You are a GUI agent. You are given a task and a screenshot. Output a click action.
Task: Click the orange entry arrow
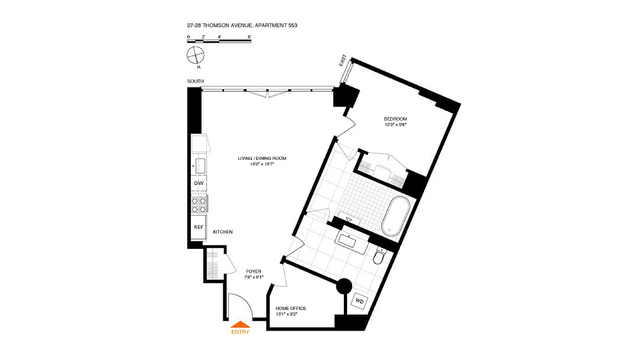pyautogui.click(x=240, y=324)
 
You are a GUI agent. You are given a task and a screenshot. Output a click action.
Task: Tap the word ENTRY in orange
pyautogui.click(x=240, y=332)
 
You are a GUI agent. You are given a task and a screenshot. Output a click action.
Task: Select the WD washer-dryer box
pyautogui.click(x=359, y=301)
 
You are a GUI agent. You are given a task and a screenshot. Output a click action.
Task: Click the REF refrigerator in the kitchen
pyautogui.click(x=198, y=227)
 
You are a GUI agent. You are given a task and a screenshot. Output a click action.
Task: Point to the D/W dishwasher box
pyautogui.click(x=198, y=184)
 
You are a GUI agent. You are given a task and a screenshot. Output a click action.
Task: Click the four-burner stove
pyautogui.click(x=199, y=205)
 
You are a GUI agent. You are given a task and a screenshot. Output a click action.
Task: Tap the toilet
pyautogui.click(x=379, y=256)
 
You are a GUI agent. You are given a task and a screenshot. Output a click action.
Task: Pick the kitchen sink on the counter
pyautogui.click(x=200, y=165)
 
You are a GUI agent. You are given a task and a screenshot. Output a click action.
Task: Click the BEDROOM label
pyautogui.click(x=395, y=119)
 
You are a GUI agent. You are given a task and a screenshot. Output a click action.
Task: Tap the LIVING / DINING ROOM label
pyautogui.click(x=262, y=158)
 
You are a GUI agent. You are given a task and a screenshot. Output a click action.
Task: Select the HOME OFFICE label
pyautogui.click(x=291, y=308)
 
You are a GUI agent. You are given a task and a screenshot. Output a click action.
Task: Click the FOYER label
pyautogui.click(x=254, y=271)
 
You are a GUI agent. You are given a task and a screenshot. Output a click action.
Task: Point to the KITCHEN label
pyautogui.click(x=223, y=232)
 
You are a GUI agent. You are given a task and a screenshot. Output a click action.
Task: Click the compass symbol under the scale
pyautogui.click(x=195, y=55)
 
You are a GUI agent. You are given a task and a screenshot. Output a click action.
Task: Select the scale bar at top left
pyautogui.click(x=219, y=41)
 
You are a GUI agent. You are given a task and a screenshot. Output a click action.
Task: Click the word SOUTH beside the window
pyautogui.click(x=195, y=81)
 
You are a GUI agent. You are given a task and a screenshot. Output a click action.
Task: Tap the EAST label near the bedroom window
pyautogui.click(x=343, y=61)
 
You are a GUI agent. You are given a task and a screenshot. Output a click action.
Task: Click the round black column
pyautogui.click(x=344, y=286)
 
